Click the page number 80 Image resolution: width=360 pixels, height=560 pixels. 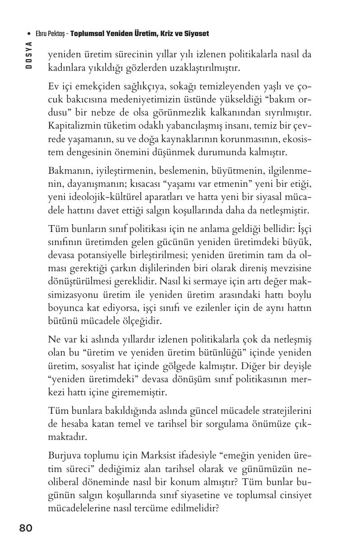[26, 528]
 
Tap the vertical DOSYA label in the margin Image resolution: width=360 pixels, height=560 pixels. [29, 54]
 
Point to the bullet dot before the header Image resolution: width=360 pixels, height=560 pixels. [29, 34]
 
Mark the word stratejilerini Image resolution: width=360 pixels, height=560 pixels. [285, 411]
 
